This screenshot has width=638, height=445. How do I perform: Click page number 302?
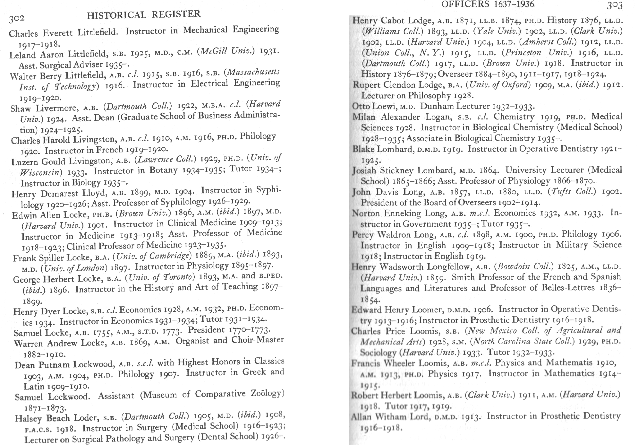(16, 18)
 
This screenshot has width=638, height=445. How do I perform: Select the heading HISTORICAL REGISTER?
(143, 14)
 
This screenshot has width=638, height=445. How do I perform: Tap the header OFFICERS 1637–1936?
(488, 4)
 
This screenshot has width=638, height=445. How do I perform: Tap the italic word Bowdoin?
(513, 267)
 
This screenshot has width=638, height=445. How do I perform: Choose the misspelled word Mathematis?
(568, 363)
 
